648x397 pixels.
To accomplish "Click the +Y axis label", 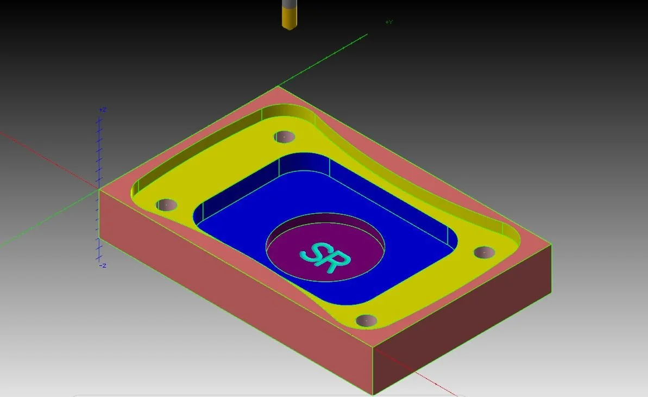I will (389, 22).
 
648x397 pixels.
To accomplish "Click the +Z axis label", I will (102, 110).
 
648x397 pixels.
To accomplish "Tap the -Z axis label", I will (102, 265).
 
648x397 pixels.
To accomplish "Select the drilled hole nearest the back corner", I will (284, 137).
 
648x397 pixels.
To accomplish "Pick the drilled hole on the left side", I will (166, 205).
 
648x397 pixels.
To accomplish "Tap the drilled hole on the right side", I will (484, 252).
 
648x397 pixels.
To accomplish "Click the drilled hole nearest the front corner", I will (367, 320).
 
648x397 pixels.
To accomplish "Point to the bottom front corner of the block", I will (373, 394).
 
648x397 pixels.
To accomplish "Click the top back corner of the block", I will (278, 86).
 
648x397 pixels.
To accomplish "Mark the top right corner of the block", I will (551, 245).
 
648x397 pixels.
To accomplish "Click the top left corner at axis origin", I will (99, 189).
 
